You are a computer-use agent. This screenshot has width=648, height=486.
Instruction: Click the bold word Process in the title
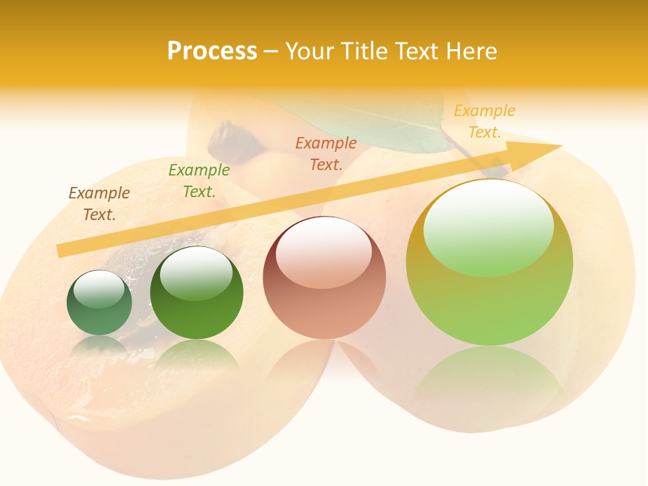pyautogui.click(x=212, y=51)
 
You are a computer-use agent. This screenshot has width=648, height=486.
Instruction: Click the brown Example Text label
pyautogui.click(x=99, y=204)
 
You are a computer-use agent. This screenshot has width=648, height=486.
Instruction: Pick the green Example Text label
pyautogui.click(x=199, y=181)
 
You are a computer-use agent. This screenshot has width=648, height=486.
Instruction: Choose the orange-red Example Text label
pyautogui.click(x=326, y=154)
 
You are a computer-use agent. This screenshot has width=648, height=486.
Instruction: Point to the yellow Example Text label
pyautogui.click(x=485, y=122)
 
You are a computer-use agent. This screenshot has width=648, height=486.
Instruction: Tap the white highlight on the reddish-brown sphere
pyautogui.click(x=324, y=251)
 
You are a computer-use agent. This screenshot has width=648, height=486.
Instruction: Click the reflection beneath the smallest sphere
pyautogui.click(x=99, y=346)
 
